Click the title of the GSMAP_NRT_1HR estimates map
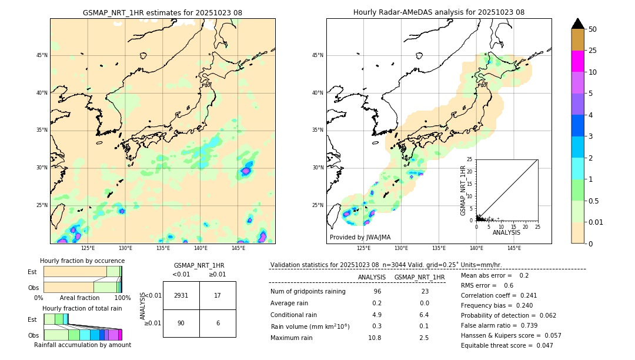(x=162, y=12)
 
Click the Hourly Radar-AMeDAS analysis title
(x=439, y=12)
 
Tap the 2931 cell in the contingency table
(x=181, y=295)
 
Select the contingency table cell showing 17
(x=218, y=295)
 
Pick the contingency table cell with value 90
(x=181, y=323)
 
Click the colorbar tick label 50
(x=593, y=29)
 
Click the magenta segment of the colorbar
(x=577, y=61)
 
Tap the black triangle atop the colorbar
(x=577, y=24)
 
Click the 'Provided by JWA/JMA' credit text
(x=360, y=237)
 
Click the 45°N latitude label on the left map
(x=42, y=55)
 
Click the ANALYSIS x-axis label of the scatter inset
(x=506, y=232)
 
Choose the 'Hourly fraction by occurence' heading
(x=82, y=261)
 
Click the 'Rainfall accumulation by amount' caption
(x=82, y=345)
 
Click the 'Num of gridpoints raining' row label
(x=308, y=291)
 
